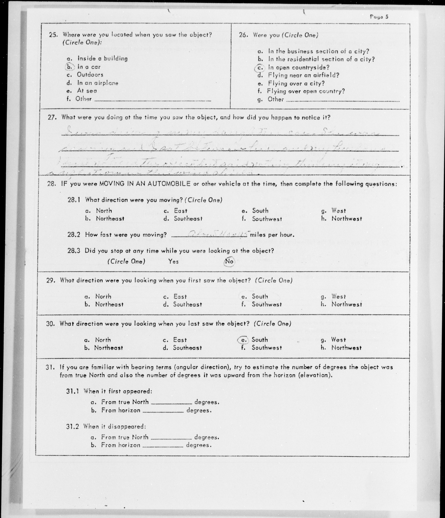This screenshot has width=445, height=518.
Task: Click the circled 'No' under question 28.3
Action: (229, 261)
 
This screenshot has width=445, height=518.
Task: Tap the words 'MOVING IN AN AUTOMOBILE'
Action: (145, 184)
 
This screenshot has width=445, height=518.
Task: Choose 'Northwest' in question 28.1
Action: (347, 219)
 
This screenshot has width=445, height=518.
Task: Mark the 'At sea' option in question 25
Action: (87, 91)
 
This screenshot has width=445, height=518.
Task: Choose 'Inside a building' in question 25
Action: (102, 58)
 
